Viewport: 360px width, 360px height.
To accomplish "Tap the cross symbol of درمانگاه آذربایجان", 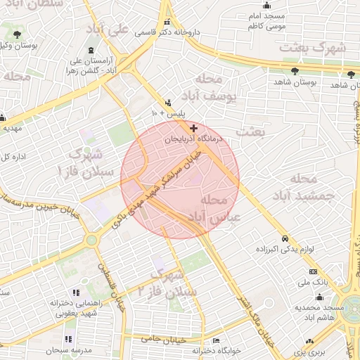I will coord(194,129).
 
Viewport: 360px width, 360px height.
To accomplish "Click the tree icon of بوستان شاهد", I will coord(295,71).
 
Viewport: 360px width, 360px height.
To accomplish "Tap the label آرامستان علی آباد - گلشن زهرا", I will coord(117,65).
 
